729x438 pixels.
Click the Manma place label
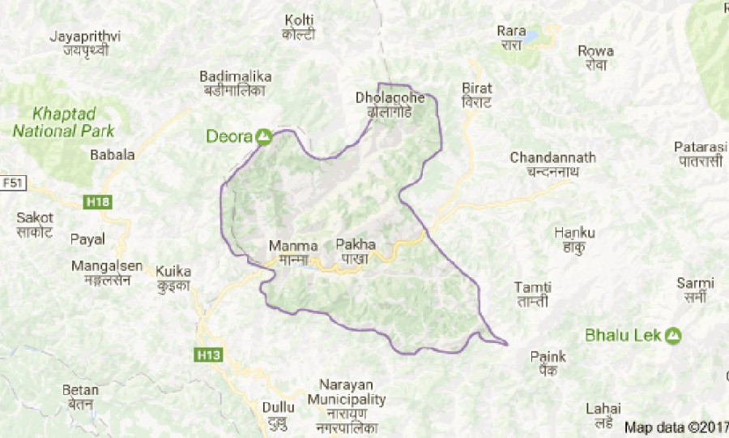coord(288,251)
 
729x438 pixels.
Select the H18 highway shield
coord(96,201)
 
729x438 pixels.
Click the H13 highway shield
coord(207,354)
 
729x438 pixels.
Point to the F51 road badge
coord(11,183)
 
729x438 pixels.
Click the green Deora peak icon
coord(263,137)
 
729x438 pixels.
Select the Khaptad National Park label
coord(64,122)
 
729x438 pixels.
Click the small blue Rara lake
coord(532,36)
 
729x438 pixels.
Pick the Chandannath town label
coord(552,165)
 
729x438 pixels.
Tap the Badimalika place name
coord(235,83)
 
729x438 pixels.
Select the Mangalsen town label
coord(106,272)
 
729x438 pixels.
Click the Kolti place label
coord(299,26)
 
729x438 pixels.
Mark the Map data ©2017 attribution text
coord(676,427)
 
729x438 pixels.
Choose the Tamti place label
coord(533,294)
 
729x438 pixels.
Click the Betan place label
coord(80,397)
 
